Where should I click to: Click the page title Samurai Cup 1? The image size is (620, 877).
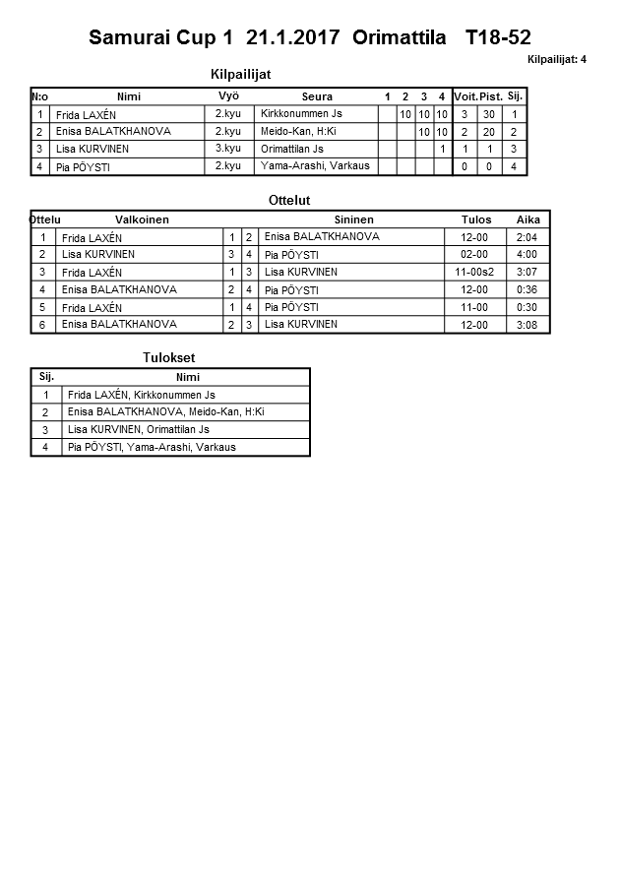(161, 38)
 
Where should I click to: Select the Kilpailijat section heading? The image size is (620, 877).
(241, 74)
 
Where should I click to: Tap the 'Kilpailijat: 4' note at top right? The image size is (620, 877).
(556, 59)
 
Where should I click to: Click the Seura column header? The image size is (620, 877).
(317, 96)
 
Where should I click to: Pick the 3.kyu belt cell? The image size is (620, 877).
(228, 149)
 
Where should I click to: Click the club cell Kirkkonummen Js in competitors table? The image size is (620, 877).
(301, 114)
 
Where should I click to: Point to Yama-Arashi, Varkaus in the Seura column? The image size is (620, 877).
(315, 166)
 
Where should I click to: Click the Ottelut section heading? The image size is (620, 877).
(289, 201)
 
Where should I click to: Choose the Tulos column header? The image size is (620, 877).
(476, 219)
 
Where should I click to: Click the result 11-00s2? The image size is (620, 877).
(475, 272)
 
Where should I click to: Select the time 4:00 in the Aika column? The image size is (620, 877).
(527, 254)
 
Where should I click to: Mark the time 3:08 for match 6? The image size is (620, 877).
(527, 325)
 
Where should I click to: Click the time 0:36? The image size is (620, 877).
(527, 289)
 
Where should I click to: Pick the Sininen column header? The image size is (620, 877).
(353, 219)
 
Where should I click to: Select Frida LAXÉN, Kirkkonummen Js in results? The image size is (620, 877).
(141, 395)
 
